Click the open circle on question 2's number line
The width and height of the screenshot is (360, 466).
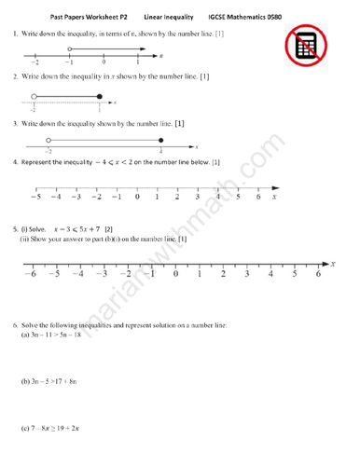point(34,96)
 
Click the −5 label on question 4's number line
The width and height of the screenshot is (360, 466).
point(35,198)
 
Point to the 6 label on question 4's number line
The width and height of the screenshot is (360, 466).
point(257,198)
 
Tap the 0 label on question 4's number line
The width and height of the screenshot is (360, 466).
point(137,198)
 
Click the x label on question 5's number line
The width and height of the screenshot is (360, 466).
point(341,275)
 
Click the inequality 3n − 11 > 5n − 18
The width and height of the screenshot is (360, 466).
point(61,336)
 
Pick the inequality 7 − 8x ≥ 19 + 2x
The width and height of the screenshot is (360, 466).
point(59,429)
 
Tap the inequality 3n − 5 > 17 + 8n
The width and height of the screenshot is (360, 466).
point(59,382)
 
